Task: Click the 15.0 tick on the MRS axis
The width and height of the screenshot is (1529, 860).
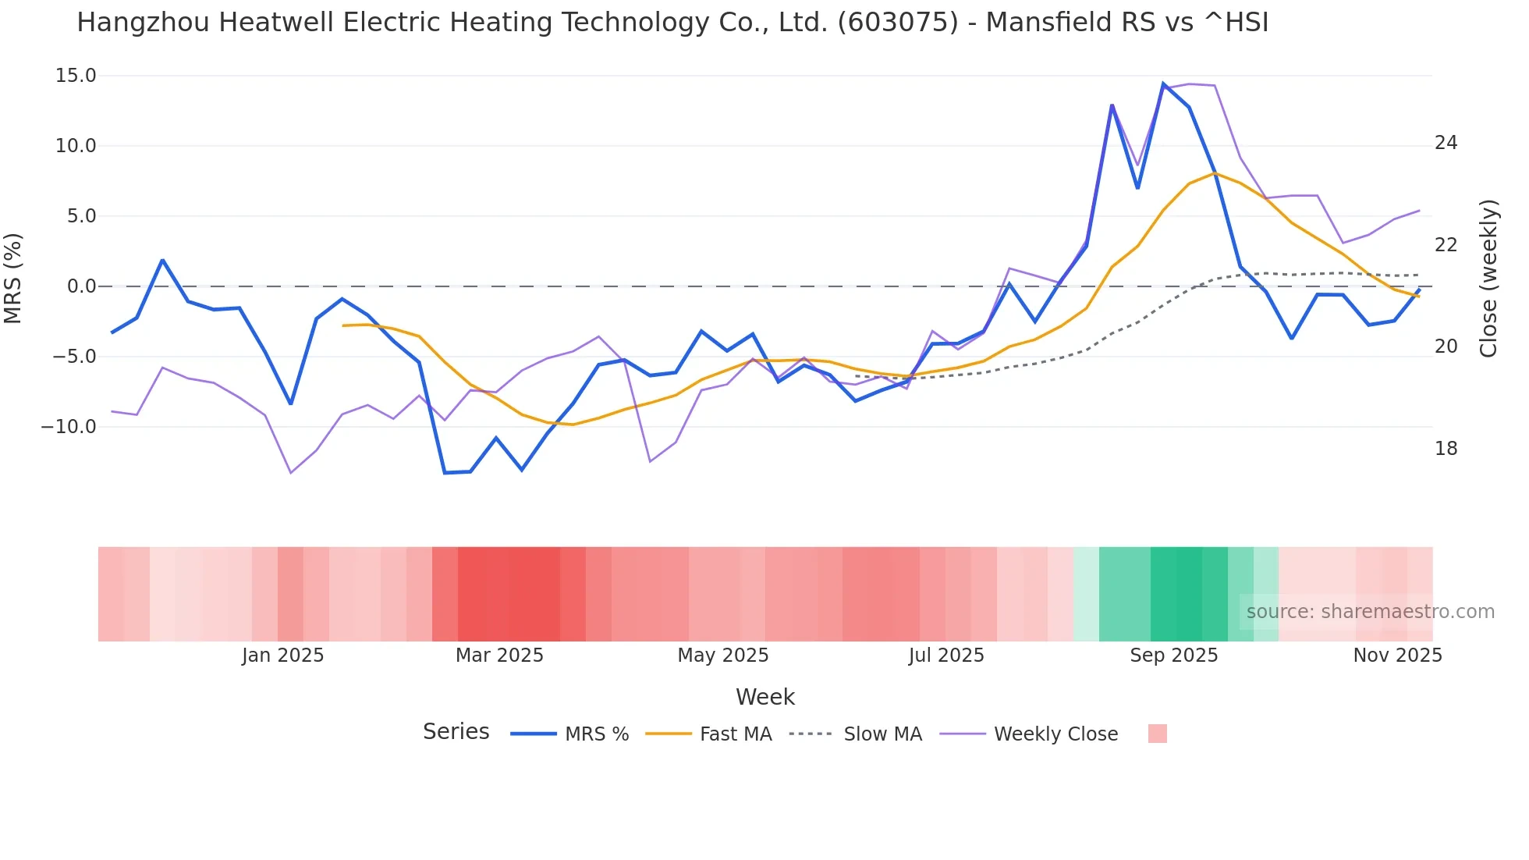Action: (75, 76)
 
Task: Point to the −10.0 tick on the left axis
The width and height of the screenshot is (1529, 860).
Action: (69, 427)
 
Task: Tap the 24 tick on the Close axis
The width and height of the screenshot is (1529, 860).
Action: (1446, 143)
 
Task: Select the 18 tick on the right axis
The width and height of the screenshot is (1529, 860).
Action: (1446, 449)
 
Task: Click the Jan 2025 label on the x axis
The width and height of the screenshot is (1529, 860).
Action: (282, 656)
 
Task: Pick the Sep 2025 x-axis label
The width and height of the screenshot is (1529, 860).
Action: (1173, 656)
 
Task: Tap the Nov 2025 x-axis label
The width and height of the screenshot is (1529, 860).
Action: (1397, 656)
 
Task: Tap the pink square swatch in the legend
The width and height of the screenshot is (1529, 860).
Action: (1158, 734)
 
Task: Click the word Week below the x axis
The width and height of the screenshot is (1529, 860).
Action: (764, 697)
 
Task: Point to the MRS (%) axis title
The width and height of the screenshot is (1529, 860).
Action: (13, 278)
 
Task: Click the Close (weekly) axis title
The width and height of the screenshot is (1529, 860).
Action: (1488, 278)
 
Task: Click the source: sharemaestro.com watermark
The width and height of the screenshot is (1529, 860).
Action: (1370, 612)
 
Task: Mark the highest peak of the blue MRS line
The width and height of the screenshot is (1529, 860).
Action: (1163, 84)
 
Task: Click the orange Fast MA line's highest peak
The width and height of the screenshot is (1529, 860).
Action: (1215, 173)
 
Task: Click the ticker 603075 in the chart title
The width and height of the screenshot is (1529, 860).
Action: (897, 23)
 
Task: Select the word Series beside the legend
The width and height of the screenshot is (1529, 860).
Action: (456, 732)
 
